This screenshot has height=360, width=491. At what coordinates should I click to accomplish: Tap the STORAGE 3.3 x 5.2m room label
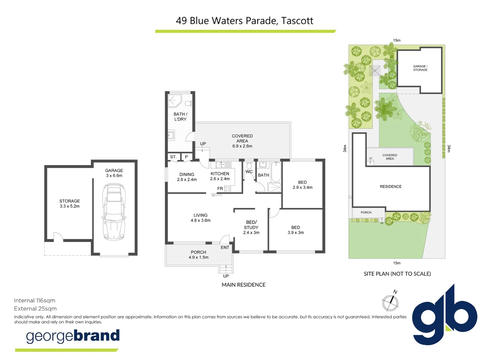point(70,204)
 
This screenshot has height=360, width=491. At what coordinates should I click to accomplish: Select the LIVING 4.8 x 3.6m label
point(200,218)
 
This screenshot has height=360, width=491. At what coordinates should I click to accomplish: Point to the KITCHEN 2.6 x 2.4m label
point(220,176)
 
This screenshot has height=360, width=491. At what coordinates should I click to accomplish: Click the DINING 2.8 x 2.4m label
point(187,177)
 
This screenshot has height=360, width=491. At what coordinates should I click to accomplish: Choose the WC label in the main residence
point(249,172)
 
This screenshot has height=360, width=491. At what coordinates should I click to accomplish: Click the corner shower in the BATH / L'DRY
point(174,101)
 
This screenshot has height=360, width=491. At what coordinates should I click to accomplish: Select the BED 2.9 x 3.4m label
point(302,185)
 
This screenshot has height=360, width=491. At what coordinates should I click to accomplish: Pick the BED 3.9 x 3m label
point(296,230)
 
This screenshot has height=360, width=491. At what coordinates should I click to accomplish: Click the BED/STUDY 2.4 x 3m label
point(251,227)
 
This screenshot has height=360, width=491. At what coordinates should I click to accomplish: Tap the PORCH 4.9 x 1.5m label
point(198,255)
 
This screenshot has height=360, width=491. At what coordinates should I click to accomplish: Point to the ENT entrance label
point(225,247)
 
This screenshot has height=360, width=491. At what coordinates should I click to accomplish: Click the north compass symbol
point(390,302)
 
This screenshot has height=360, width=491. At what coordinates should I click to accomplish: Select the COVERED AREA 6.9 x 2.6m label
point(242,141)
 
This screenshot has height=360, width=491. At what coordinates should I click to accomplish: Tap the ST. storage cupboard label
point(173,157)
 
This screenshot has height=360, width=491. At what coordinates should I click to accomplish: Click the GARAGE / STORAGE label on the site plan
point(420,68)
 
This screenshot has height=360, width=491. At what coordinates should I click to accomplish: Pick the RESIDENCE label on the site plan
point(390,187)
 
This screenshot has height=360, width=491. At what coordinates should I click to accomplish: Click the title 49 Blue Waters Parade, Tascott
point(245,21)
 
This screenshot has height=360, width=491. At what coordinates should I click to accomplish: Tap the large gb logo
point(444,315)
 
